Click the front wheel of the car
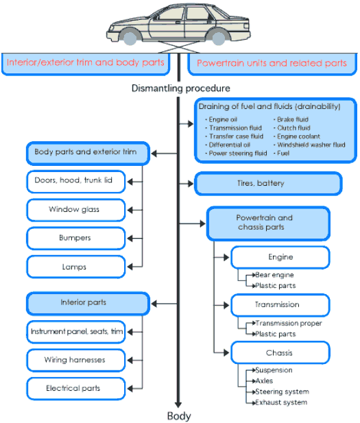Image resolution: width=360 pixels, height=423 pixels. tap(130, 38)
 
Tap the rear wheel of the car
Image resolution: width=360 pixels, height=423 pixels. tap(218, 38)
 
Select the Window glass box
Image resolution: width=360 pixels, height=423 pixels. tap(76, 210)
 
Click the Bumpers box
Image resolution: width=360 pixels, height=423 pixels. tap(76, 238)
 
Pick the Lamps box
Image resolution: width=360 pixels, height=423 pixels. tap(76, 267)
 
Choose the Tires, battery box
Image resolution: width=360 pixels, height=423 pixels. tap(268, 184)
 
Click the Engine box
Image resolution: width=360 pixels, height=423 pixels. tap(280, 257)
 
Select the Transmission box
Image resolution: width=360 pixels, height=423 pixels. tap(280, 305)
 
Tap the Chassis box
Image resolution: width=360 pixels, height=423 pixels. tap(280, 352)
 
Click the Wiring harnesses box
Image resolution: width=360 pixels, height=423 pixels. tap(76, 360)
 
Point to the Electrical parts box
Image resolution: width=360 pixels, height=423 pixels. tap(76, 389)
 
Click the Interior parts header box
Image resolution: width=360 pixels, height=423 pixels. tap(88, 304)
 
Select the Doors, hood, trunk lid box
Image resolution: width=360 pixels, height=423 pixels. tap(76, 182)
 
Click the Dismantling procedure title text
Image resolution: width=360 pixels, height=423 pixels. tap(181, 88)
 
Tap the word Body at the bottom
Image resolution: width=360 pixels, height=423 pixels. tap(179, 415)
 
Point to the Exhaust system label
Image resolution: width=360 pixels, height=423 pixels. tap(281, 402)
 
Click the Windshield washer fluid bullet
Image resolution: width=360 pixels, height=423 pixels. tap(311, 145)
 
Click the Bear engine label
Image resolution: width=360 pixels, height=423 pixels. tap(274, 275)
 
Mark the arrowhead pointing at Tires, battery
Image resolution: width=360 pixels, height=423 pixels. tap(191, 184)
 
